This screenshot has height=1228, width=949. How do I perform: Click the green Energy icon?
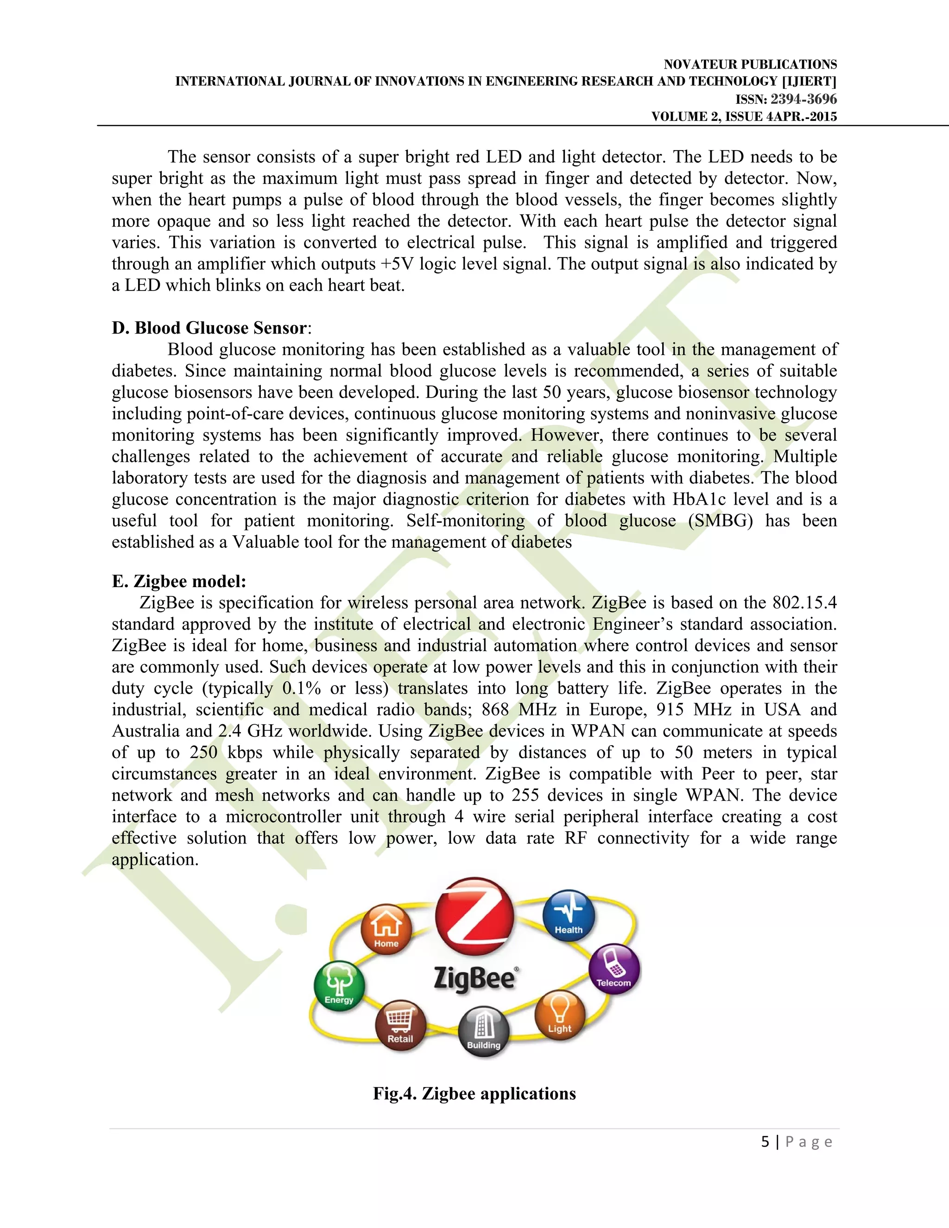339,986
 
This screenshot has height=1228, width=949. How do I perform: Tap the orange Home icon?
386,929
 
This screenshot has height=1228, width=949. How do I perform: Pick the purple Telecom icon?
614,968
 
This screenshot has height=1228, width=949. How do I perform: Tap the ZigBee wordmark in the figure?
475,978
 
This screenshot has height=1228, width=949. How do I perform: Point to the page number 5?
765,1141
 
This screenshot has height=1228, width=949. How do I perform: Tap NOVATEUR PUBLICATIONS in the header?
750,64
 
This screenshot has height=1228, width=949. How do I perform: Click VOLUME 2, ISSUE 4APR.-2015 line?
744,116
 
